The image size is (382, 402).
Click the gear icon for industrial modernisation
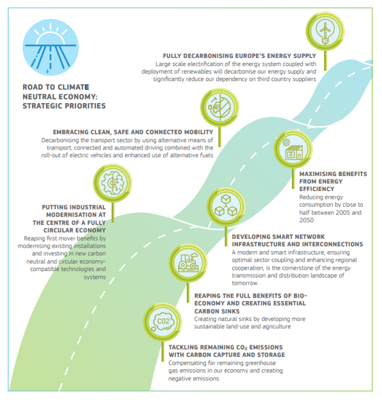pyautogui.click(x=111, y=182)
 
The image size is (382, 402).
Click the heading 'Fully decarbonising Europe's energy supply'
pyautogui.click(x=239, y=55)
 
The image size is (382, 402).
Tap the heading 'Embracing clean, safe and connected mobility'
pyautogui.click(x=133, y=132)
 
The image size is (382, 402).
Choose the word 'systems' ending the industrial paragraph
pyautogui.click(x=95, y=277)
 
